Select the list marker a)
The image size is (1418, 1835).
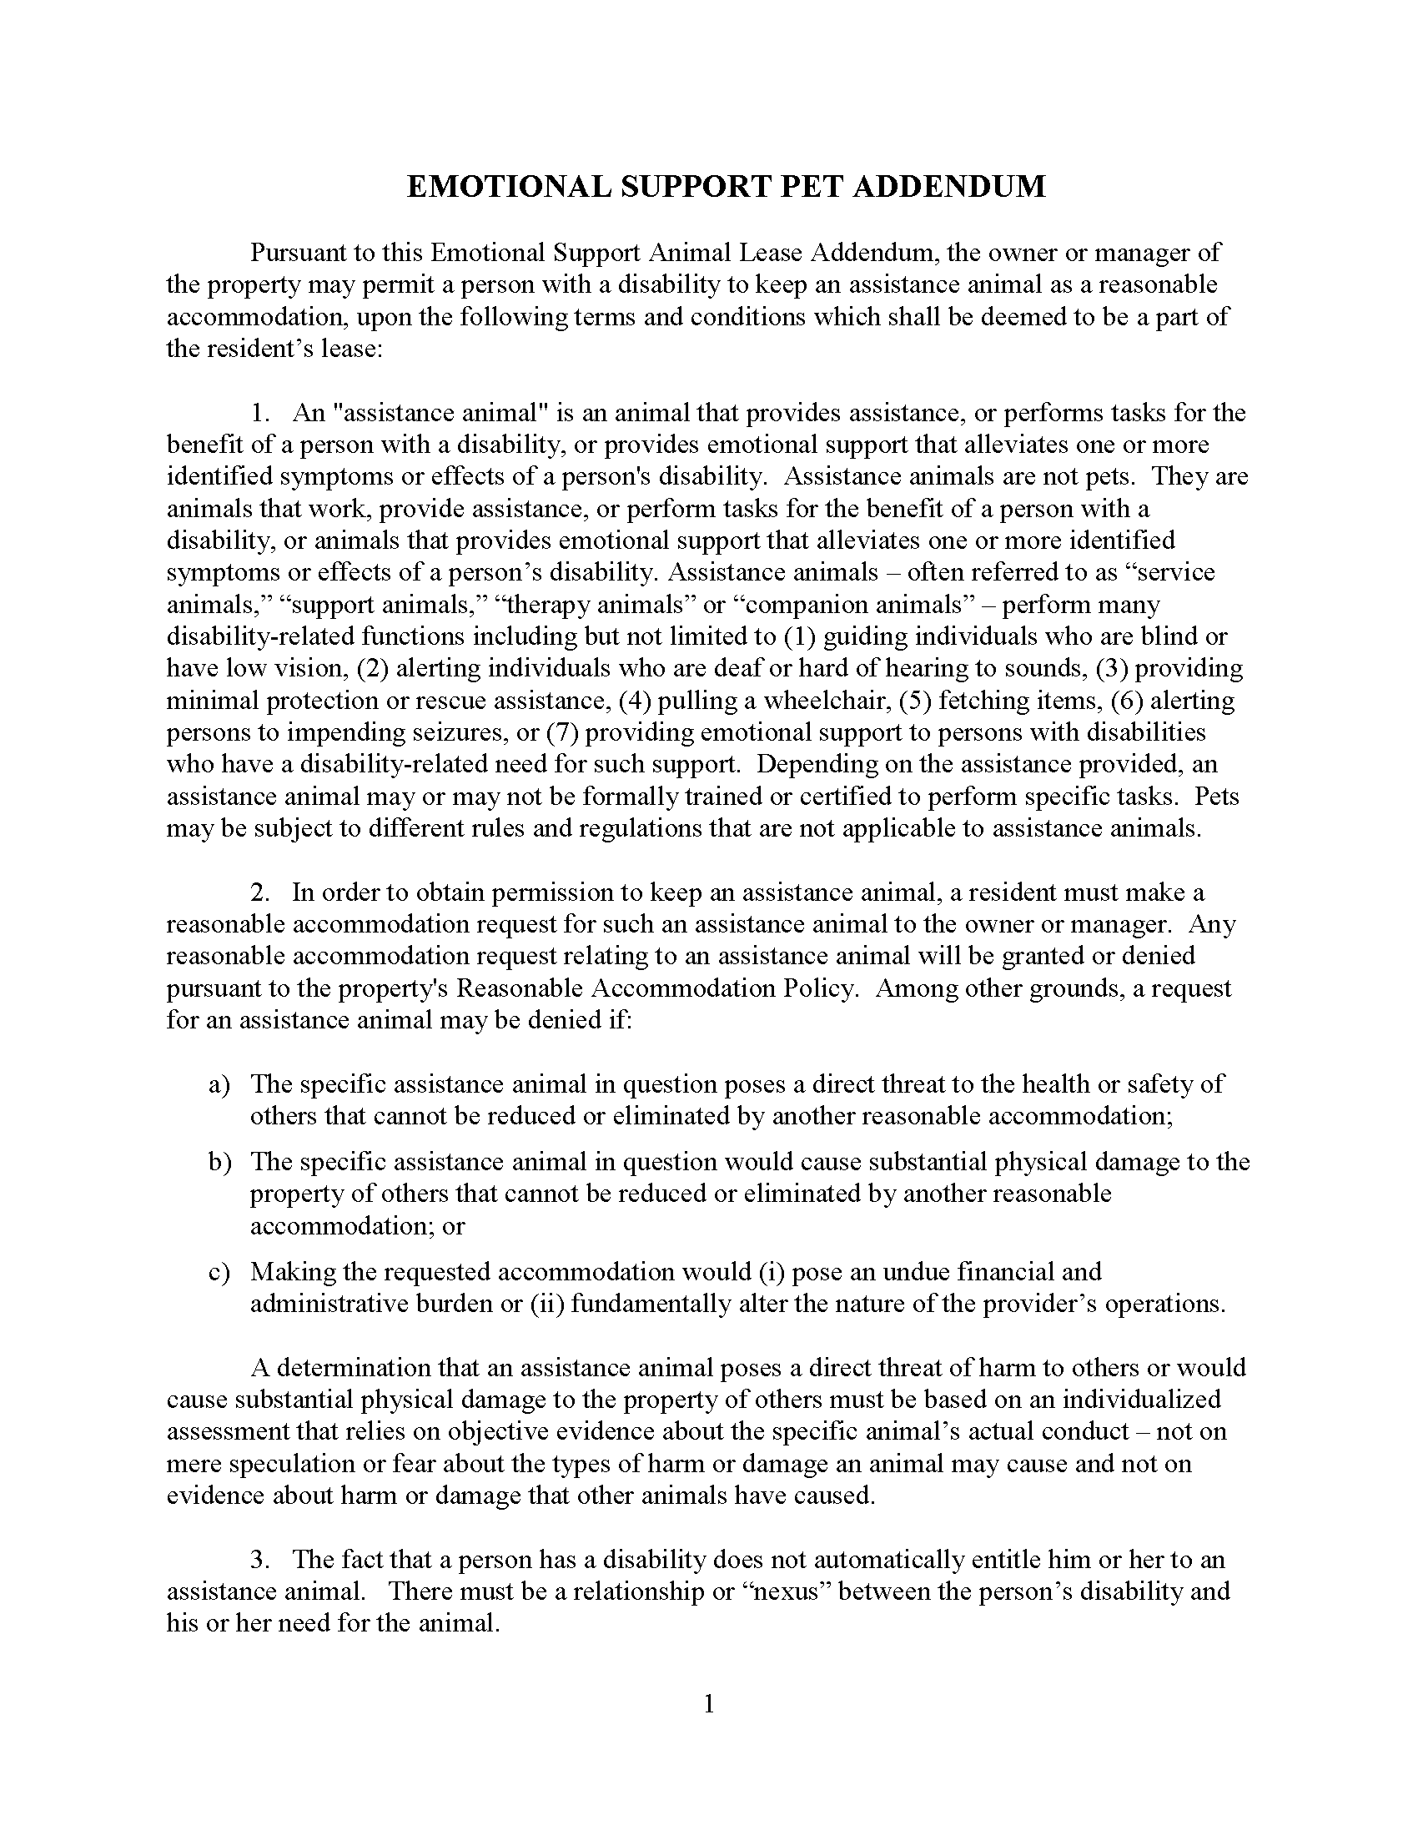coord(219,1084)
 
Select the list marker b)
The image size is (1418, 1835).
coord(219,1162)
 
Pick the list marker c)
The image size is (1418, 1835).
coord(219,1272)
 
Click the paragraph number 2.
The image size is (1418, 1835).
coord(259,892)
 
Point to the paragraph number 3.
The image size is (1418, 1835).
coord(259,1559)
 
